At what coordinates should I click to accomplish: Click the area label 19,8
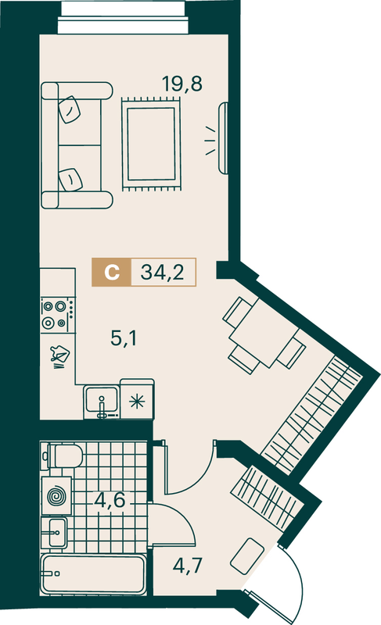point(182,84)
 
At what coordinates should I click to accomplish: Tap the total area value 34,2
point(163,273)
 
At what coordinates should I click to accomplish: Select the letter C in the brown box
point(112,273)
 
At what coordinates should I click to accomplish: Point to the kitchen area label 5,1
point(124,339)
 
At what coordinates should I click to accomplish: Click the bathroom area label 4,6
point(110,500)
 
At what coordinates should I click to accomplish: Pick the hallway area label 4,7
point(188,566)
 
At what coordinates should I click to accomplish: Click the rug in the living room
point(151,145)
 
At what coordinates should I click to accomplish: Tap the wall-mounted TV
point(223,138)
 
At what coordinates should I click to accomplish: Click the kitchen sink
point(102,402)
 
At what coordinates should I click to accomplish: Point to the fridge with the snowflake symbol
point(137,399)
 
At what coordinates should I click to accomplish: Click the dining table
point(264,334)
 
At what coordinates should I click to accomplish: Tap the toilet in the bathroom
point(65,456)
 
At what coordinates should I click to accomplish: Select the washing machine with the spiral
point(56,496)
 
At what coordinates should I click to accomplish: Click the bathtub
point(93,574)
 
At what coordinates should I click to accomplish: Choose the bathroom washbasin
point(55,533)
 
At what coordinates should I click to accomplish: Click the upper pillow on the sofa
point(70,109)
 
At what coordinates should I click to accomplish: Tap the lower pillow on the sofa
point(70,180)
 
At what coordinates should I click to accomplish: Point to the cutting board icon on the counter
point(59,355)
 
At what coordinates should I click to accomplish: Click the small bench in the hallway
point(247,556)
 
